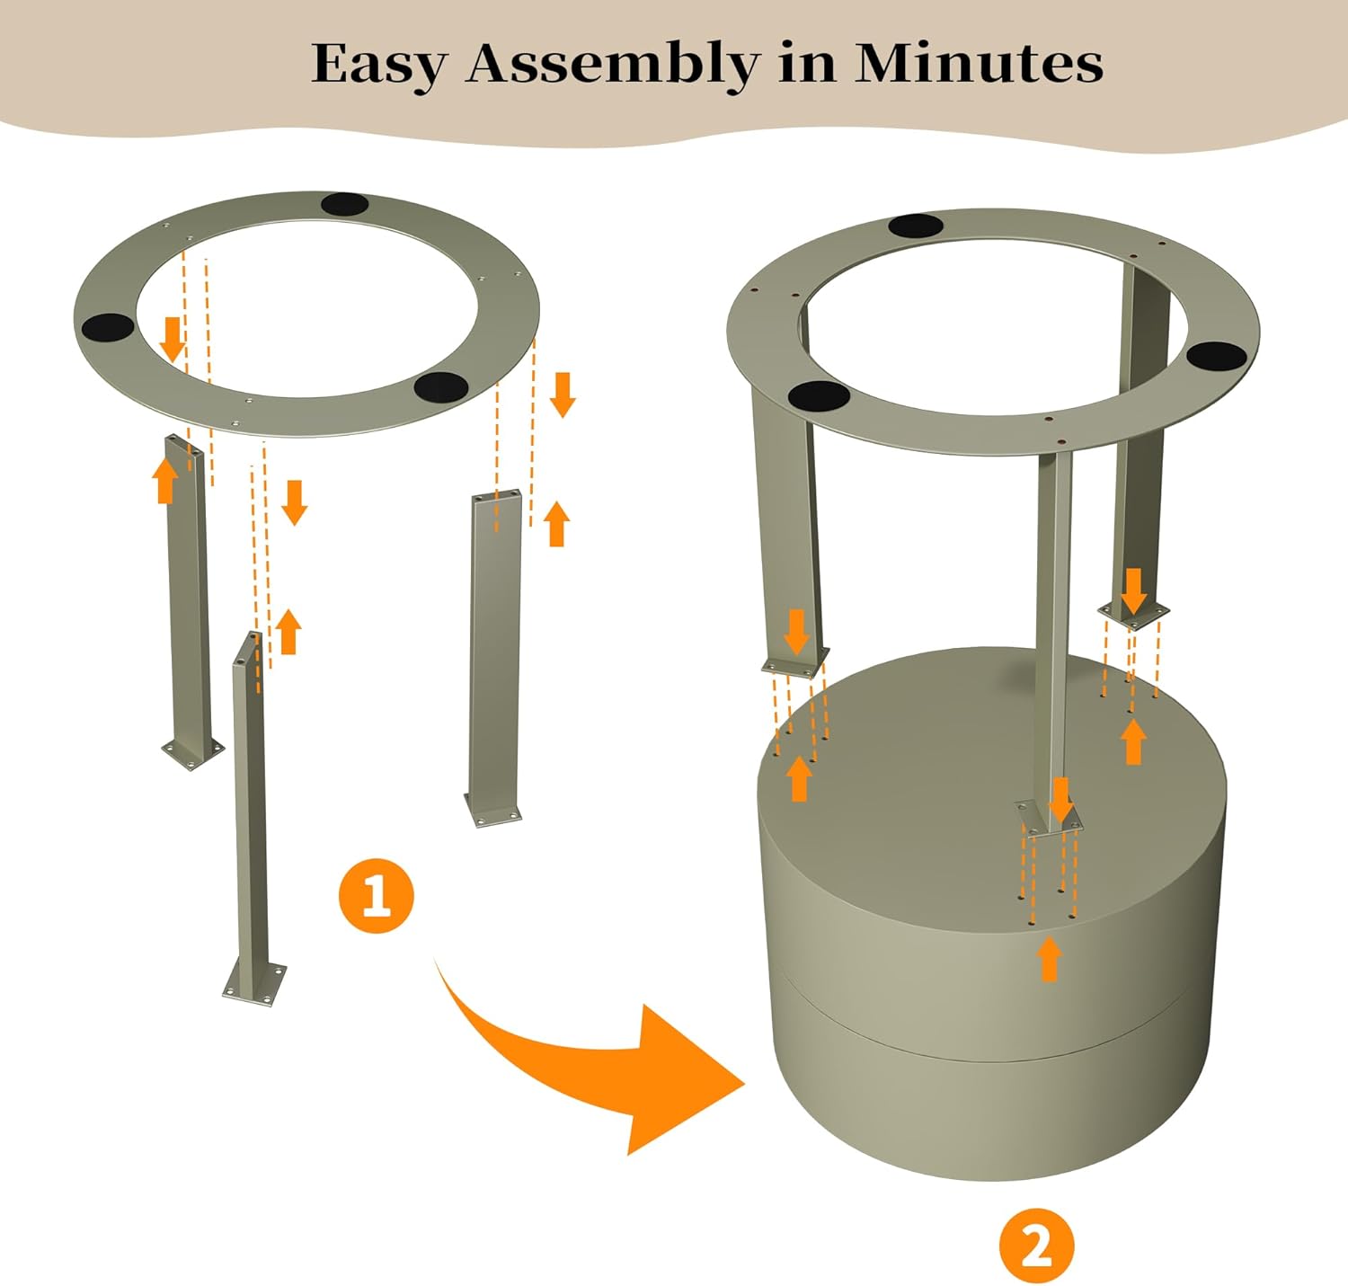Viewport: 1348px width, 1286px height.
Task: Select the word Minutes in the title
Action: click(x=979, y=63)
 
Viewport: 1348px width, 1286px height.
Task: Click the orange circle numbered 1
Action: click(x=377, y=895)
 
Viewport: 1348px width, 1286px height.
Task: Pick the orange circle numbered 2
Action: click(x=1036, y=1246)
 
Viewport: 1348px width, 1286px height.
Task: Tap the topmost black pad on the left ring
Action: click(x=346, y=204)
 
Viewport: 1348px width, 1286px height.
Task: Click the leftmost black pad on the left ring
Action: click(x=108, y=326)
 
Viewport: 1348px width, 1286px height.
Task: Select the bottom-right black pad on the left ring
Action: click(x=441, y=386)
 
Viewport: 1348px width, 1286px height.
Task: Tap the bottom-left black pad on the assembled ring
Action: click(x=819, y=395)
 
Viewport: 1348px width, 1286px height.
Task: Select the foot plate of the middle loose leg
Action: click(x=254, y=983)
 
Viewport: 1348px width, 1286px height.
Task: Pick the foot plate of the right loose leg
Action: click(x=492, y=814)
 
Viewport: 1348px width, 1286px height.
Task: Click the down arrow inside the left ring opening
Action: click(x=173, y=340)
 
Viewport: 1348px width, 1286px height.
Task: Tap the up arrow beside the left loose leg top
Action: click(x=164, y=481)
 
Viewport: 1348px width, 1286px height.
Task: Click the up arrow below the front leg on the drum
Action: click(x=1049, y=960)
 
